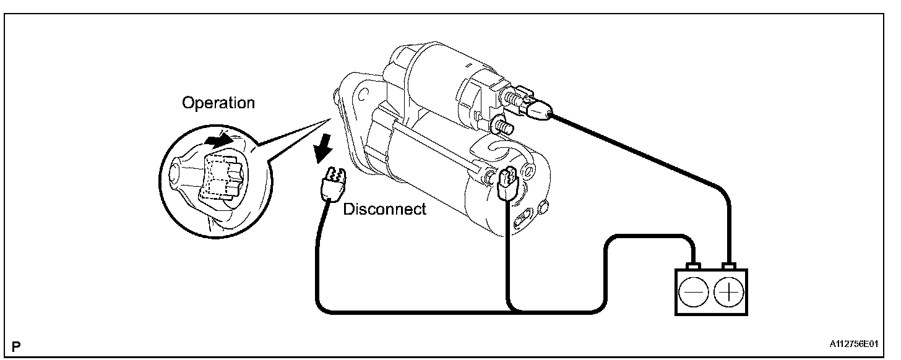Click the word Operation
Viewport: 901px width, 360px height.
click(x=218, y=103)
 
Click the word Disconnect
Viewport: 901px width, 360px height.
click(x=385, y=209)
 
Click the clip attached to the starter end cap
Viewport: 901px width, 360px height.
click(x=506, y=183)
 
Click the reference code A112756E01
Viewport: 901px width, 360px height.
click(x=858, y=341)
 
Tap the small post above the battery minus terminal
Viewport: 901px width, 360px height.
click(x=694, y=267)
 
